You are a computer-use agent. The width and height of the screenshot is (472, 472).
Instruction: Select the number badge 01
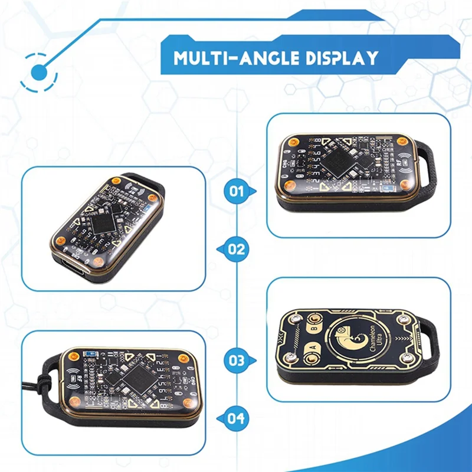point(237,191)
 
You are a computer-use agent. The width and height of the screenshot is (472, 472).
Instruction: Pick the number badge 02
point(237,249)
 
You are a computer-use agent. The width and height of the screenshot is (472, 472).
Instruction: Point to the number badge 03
point(237,359)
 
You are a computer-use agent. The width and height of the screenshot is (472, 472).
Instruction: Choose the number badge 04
point(237,418)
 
